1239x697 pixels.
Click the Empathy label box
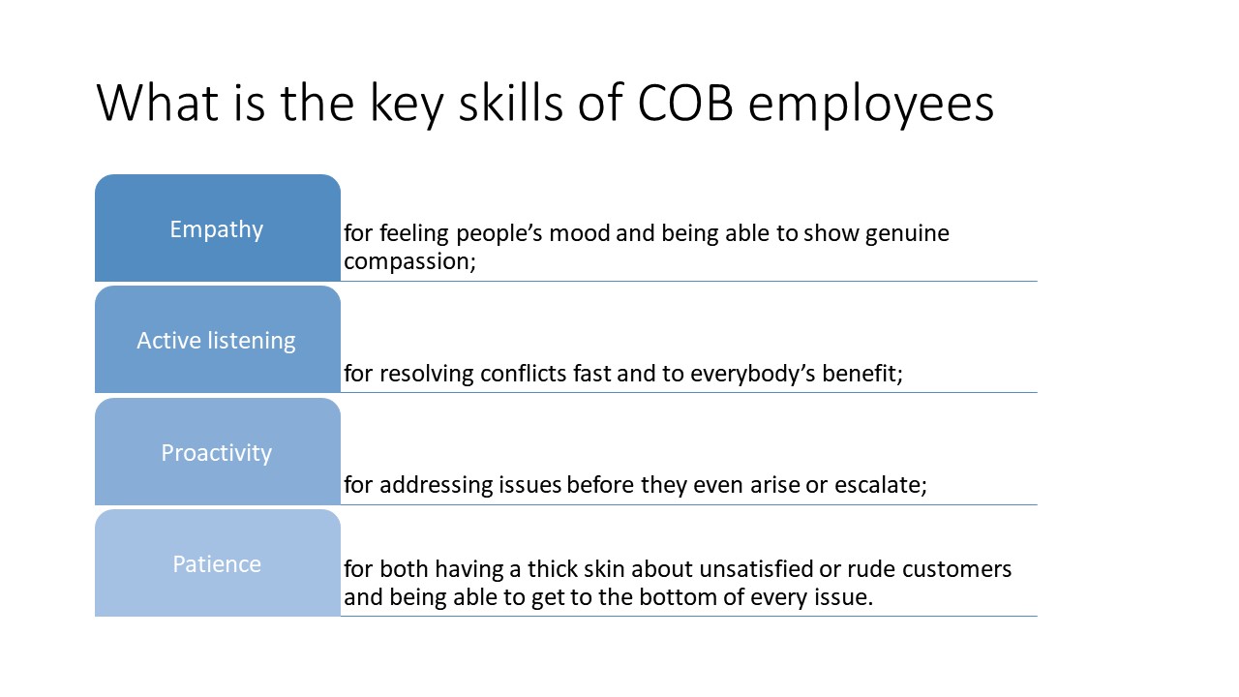click(217, 228)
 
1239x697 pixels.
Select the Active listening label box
click(217, 340)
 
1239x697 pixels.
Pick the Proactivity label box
click(217, 452)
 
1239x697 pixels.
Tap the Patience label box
click(217, 563)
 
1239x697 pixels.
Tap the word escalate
click(882, 485)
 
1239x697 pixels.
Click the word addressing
click(436, 485)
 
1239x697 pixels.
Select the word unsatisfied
click(759, 569)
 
